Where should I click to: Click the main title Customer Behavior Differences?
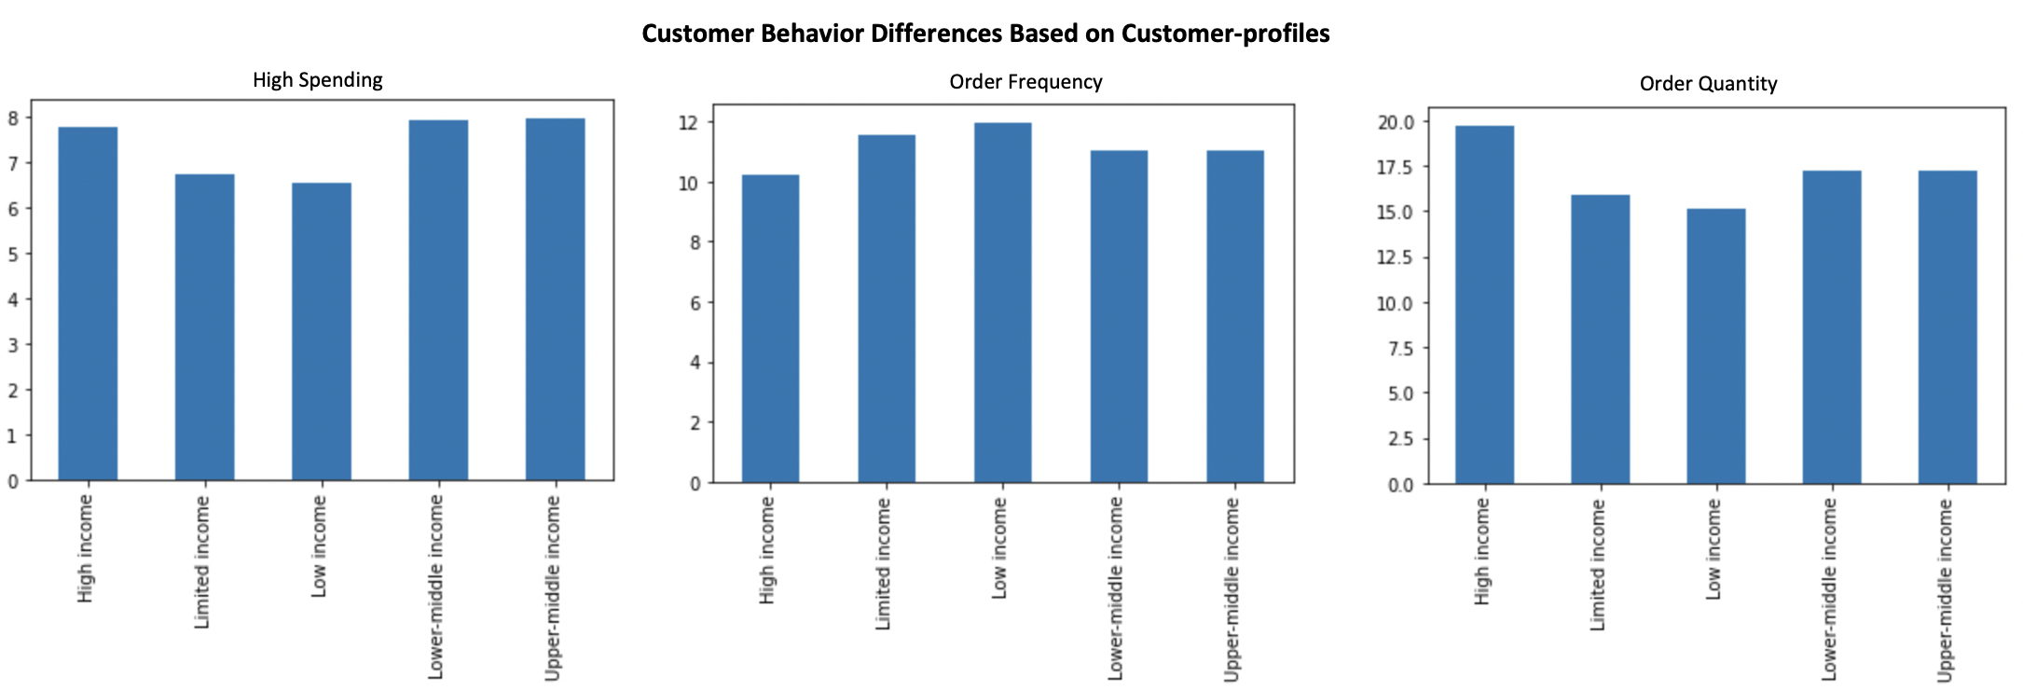click(x=985, y=34)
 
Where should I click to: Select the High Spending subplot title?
click(x=317, y=80)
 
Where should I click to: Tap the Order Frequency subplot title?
click(x=1025, y=82)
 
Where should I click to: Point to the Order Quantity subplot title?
click(x=1708, y=84)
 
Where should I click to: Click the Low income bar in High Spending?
click(x=322, y=331)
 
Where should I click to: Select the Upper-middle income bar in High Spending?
click(x=555, y=298)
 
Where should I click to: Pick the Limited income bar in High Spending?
click(x=205, y=326)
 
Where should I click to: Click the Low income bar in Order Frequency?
click(x=1003, y=303)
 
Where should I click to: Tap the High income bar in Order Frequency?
click(x=770, y=328)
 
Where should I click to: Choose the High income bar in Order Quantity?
click(x=1485, y=305)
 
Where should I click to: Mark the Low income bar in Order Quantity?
click(x=1716, y=346)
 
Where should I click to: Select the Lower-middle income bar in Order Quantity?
click(x=1832, y=327)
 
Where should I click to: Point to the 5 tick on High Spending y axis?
click(x=13, y=255)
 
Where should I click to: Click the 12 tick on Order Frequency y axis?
click(x=689, y=123)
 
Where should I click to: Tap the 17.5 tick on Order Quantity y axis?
click(x=1395, y=168)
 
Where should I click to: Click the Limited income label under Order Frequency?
click(x=883, y=563)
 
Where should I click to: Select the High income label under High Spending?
click(x=85, y=548)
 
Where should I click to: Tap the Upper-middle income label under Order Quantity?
click(x=1945, y=589)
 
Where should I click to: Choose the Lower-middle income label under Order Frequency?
click(x=1116, y=587)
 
